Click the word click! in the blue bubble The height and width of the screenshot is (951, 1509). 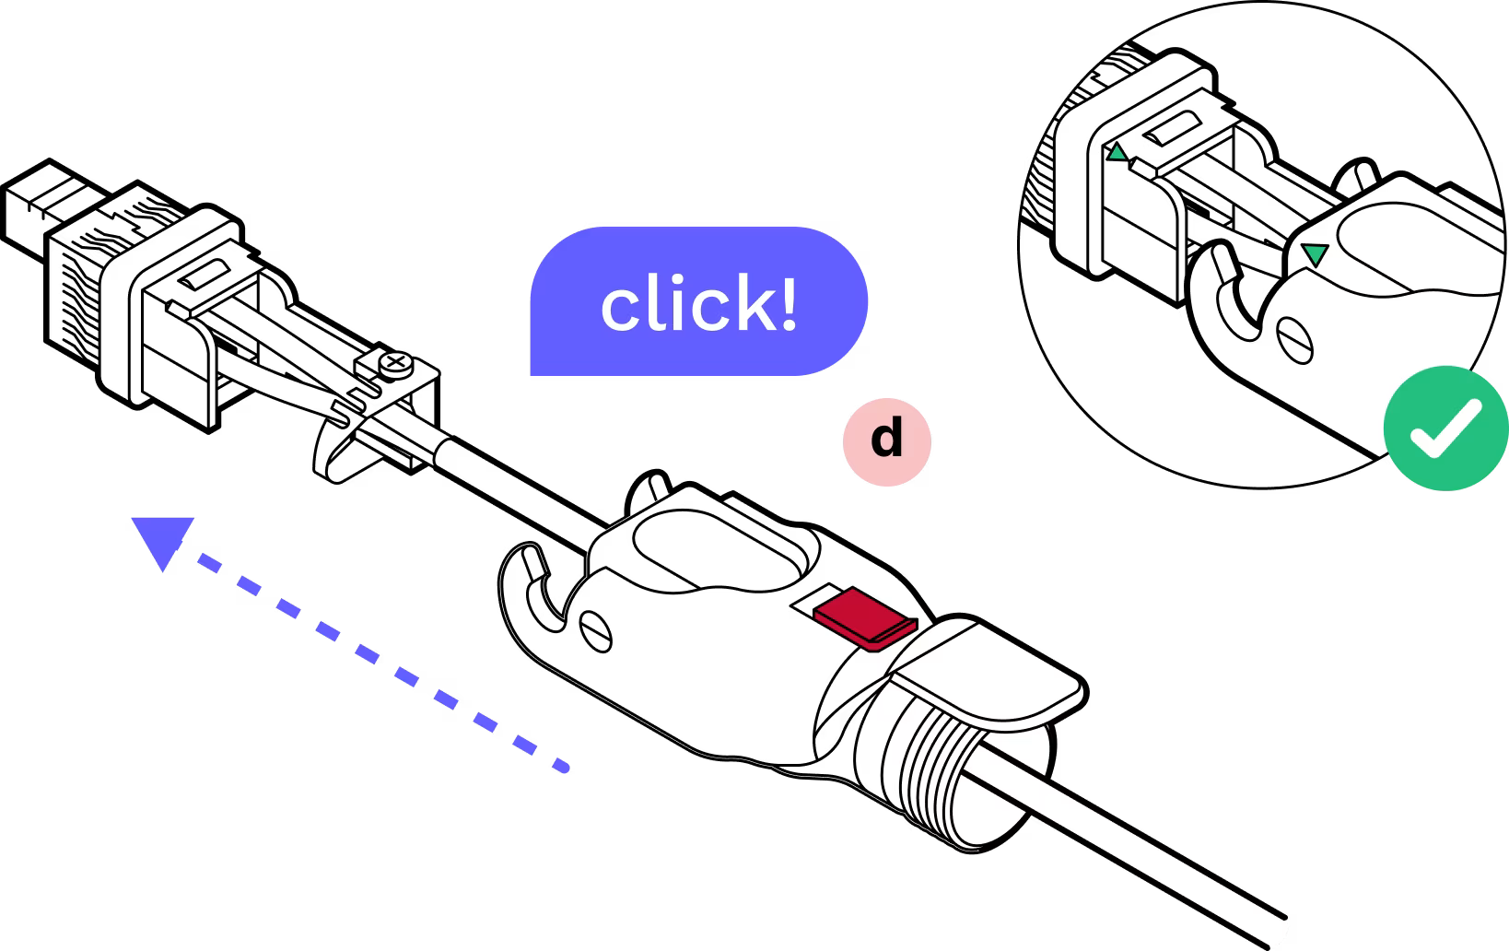click(698, 306)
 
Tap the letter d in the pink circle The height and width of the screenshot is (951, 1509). click(886, 440)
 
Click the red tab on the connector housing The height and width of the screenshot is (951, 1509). click(864, 614)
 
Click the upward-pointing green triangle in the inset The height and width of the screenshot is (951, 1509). click(1117, 154)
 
